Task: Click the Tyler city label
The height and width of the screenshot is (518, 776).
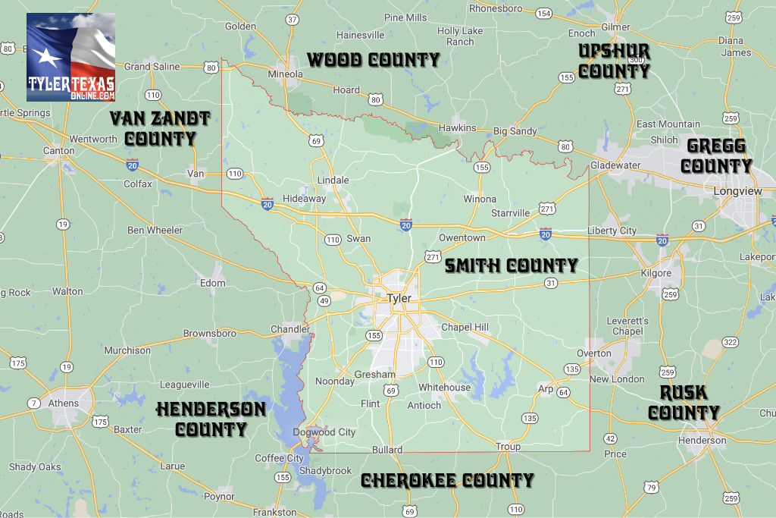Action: pos(399,298)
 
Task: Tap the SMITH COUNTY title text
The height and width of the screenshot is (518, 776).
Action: pos(511,265)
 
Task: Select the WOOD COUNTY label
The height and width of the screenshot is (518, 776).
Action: pos(373,59)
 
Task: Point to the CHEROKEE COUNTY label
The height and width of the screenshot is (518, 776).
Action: pos(447,480)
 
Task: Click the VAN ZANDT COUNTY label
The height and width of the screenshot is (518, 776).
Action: pos(160,128)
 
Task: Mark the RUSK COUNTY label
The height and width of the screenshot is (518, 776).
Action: pos(684,402)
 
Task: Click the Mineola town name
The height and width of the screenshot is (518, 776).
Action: pos(286,74)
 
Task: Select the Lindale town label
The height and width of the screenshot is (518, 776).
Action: pos(333,180)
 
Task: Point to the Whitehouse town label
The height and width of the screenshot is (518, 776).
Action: pos(445,387)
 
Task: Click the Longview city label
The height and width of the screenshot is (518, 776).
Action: pos(737,191)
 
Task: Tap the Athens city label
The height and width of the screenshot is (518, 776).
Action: pos(64,403)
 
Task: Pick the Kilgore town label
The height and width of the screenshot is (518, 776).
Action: pos(656,272)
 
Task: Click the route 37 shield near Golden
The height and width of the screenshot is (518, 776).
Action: pos(293,20)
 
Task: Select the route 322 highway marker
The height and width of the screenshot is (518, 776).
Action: pos(730,343)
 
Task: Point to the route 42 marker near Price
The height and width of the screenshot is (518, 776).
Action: pos(610,438)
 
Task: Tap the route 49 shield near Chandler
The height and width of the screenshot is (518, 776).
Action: pos(324,301)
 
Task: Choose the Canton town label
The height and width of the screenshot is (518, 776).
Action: pos(58,150)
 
